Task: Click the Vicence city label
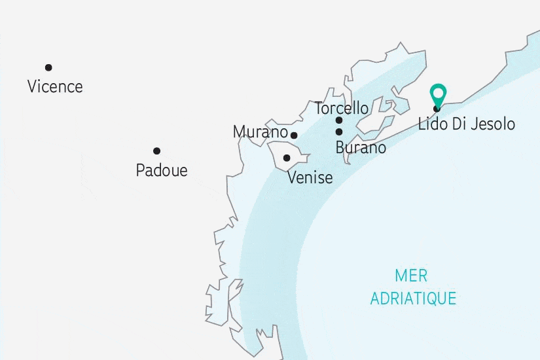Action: [x=55, y=86]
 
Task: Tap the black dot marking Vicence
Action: [x=48, y=67]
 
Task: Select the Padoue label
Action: [x=162, y=171]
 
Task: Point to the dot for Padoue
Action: [x=157, y=151]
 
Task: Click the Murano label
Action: [x=260, y=133]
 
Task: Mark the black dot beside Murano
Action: [x=294, y=135]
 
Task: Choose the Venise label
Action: [x=310, y=177]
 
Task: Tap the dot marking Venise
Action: [x=287, y=158]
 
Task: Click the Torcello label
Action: [x=341, y=108]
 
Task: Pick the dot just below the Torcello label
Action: [x=339, y=120]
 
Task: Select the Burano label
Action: [x=361, y=148]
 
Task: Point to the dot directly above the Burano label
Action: [x=339, y=132]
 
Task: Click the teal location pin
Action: [x=437, y=96]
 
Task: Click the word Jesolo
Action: [x=493, y=124]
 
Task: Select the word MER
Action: [x=412, y=275]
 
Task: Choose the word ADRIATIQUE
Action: [x=413, y=298]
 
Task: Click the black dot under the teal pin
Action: [x=437, y=109]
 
